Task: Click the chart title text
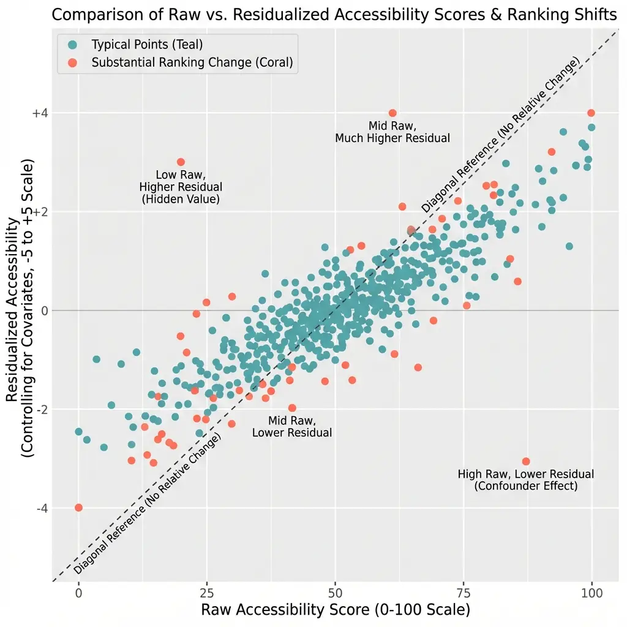coord(334,15)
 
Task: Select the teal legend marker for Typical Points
coord(73,45)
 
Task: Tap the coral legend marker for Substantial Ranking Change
coord(73,62)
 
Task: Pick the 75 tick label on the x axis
coord(463,594)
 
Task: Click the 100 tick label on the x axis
coord(591,594)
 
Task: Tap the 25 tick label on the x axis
coord(207,594)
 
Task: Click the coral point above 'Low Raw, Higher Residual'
coord(181,162)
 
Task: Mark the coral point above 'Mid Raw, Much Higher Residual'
coord(392,113)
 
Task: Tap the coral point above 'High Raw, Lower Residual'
coord(525,461)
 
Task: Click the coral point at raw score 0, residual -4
coord(78,508)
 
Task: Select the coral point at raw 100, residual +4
coord(591,113)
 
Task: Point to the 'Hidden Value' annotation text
coord(181,200)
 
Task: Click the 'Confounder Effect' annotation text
coord(525,486)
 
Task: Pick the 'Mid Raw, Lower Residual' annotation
coord(292,427)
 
